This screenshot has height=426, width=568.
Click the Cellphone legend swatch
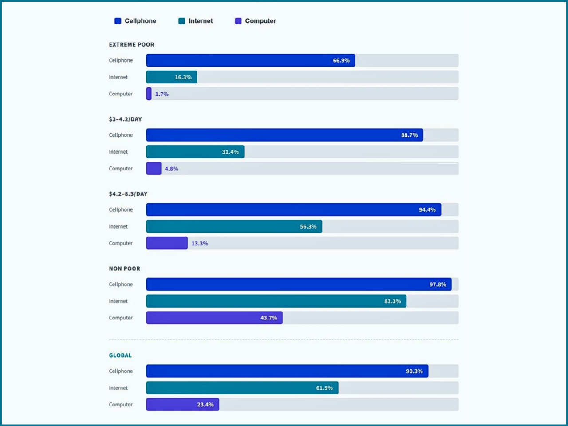click(x=118, y=21)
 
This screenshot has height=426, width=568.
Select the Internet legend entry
click(x=196, y=21)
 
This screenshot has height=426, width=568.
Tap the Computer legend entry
click(x=256, y=21)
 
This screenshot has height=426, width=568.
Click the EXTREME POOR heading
click(x=131, y=44)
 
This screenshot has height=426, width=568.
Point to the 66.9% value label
click(x=341, y=60)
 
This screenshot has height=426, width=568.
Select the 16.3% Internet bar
click(x=171, y=77)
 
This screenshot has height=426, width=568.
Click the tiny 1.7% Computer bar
click(x=149, y=94)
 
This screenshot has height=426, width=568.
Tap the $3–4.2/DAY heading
click(x=125, y=119)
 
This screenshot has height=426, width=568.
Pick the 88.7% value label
click(x=409, y=135)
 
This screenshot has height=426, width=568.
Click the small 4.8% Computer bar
click(x=154, y=169)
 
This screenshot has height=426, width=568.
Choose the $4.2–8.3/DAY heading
click(x=128, y=194)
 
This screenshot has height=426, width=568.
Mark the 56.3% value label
click(x=308, y=226)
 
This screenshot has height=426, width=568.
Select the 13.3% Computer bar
click(x=167, y=243)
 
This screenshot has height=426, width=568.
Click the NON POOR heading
click(x=124, y=268)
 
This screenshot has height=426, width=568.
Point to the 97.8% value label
click(x=438, y=284)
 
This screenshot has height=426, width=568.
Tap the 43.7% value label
click(x=268, y=318)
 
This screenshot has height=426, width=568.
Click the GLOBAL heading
click(x=120, y=355)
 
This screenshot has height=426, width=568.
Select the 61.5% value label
click(x=324, y=388)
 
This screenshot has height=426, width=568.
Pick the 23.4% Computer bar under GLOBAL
click(x=182, y=405)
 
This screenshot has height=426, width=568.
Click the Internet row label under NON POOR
click(x=118, y=301)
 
